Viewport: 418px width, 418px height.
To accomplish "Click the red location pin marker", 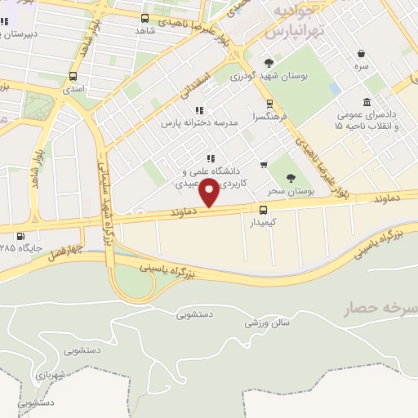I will [210, 193].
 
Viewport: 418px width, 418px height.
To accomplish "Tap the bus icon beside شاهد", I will [145, 18].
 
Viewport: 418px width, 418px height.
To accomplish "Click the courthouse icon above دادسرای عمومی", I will [367, 103].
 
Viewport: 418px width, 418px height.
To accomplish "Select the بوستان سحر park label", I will [291, 189].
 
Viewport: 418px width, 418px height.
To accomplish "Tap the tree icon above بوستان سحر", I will [291, 177].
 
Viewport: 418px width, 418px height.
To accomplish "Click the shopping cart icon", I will [263, 164].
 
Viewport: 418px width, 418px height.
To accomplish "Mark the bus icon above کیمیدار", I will [253, 209].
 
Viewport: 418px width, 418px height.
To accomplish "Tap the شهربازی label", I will [53, 375].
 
